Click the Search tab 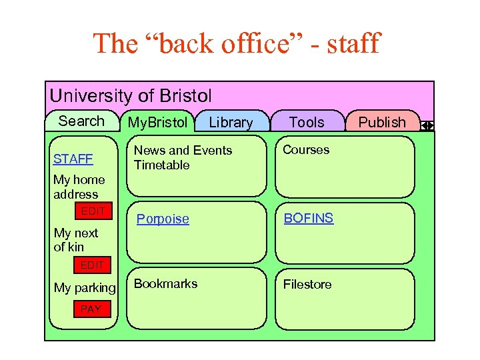pyautogui.click(x=81, y=121)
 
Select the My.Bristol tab pyautogui.click(x=158, y=123)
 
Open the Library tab pyautogui.click(x=231, y=123)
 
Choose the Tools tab pyautogui.click(x=307, y=123)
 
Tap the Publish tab pyautogui.click(x=381, y=123)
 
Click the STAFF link pyautogui.click(x=73, y=159)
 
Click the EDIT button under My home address pyautogui.click(x=93, y=211)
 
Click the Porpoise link pyautogui.click(x=163, y=219)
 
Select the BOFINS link pyautogui.click(x=309, y=218)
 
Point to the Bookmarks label pyautogui.click(x=165, y=284)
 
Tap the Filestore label pyautogui.click(x=307, y=285)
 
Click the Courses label pyautogui.click(x=306, y=150)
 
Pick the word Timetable pyautogui.click(x=162, y=165)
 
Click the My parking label pyautogui.click(x=85, y=288)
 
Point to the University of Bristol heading pyautogui.click(x=131, y=96)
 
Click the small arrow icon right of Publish pyautogui.click(x=428, y=125)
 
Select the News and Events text pyautogui.click(x=183, y=151)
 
